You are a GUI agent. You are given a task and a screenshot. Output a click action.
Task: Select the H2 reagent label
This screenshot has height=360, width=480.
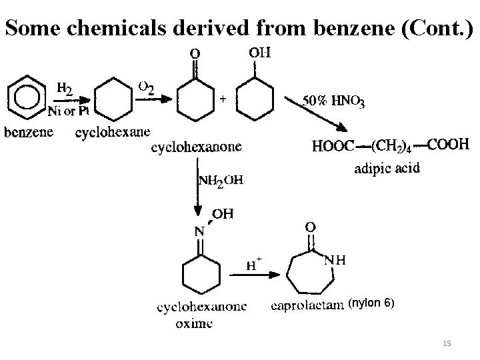click(65, 87)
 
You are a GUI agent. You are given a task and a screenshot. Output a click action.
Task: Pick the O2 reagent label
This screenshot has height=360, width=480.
click(147, 87)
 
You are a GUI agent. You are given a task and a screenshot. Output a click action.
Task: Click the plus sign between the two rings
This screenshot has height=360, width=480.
click(223, 98)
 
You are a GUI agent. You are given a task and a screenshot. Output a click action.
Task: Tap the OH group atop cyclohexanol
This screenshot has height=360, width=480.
click(258, 51)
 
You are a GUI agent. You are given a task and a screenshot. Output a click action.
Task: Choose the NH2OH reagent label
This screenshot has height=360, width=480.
click(221, 180)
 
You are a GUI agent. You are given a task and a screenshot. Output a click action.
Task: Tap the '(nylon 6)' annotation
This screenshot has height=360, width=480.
click(372, 303)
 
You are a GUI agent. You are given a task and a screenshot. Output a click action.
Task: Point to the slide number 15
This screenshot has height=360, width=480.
click(447, 343)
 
